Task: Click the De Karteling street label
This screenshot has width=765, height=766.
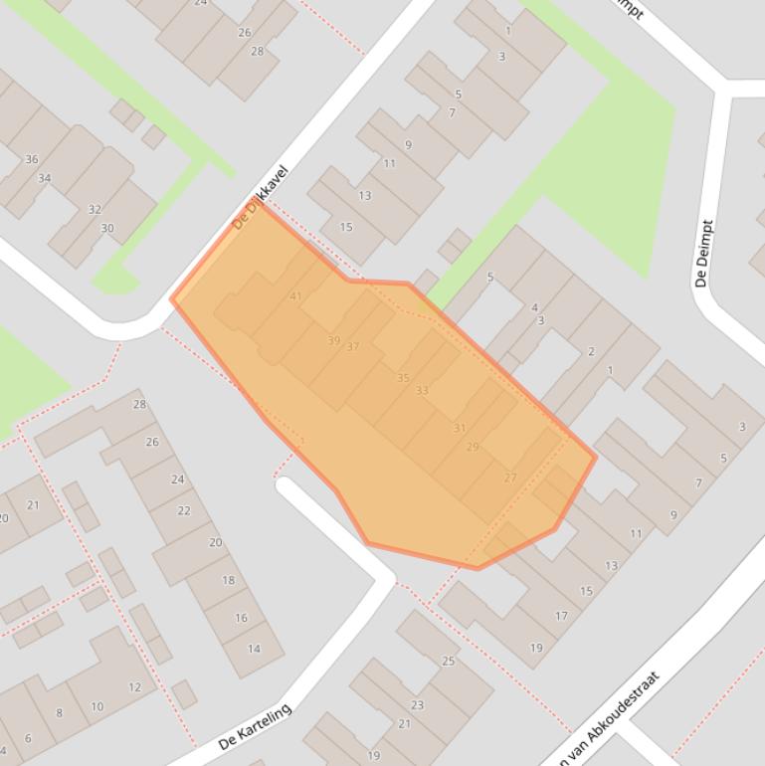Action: (x=255, y=727)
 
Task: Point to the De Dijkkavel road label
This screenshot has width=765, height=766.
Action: (x=259, y=198)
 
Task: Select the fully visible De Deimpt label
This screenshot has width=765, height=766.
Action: (x=703, y=254)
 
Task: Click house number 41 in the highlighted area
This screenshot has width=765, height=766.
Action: (x=295, y=296)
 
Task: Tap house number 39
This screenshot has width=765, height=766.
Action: (x=333, y=340)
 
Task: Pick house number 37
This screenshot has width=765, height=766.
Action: (x=353, y=346)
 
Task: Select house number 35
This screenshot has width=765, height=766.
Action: (x=403, y=378)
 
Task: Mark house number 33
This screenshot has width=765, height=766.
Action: (x=422, y=390)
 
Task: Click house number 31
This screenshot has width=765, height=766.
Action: (x=459, y=428)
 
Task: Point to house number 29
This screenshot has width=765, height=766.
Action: (x=473, y=447)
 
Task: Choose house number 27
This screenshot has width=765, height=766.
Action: (x=510, y=478)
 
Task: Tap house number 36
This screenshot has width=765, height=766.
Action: (x=32, y=159)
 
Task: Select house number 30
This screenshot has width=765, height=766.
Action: (x=106, y=228)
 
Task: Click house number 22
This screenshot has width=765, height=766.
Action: (x=183, y=510)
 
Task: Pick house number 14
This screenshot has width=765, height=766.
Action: (x=253, y=649)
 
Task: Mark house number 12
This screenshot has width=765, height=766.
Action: (x=134, y=686)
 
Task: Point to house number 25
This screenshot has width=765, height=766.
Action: (x=448, y=661)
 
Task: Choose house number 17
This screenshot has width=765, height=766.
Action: (x=561, y=616)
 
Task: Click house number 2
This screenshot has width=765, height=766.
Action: (x=591, y=351)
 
